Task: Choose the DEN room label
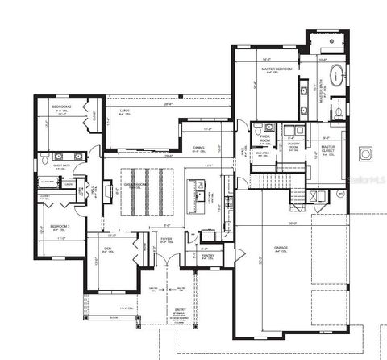(106, 248)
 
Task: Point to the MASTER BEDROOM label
(277, 70)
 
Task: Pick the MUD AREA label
(262, 152)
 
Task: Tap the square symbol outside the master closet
(365, 152)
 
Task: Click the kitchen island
(193, 195)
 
